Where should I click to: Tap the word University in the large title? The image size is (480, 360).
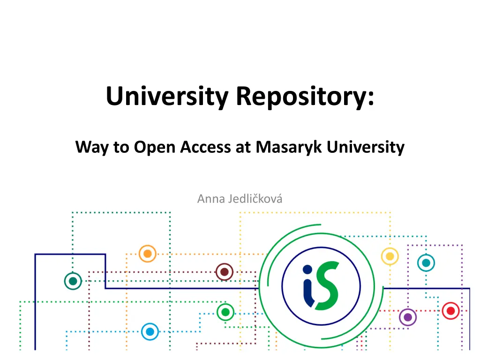[x=167, y=97]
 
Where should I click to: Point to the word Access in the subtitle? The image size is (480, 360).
[x=205, y=147]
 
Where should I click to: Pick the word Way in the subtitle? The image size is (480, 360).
[x=92, y=148]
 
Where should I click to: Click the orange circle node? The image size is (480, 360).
[x=148, y=254]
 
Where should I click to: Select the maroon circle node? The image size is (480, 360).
[x=225, y=272]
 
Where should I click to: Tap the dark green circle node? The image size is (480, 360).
[x=73, y=281]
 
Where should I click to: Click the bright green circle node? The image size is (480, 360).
[x=225, y=312]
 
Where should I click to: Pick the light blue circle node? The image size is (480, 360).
[x=150, y=331]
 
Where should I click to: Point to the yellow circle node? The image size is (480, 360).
[x=390, y=256]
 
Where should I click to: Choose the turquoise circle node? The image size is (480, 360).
[x=426, y=262]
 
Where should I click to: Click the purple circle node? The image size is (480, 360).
[x=408, y=317]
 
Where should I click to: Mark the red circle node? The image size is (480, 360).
[x=450, y=311]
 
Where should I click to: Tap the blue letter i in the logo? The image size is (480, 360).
[x=308, y=286]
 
